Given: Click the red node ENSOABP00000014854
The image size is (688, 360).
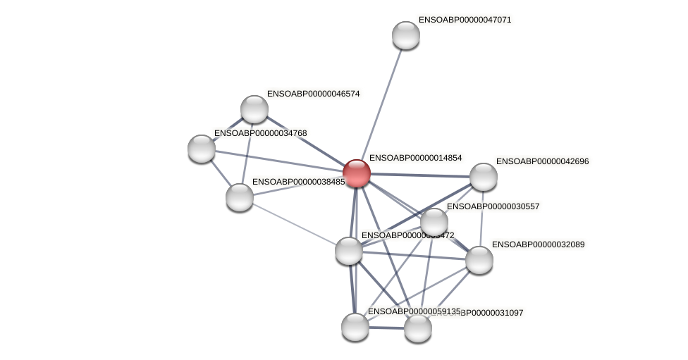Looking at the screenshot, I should coord(357,173).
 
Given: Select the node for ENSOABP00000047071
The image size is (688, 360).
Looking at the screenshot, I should coord(406,35).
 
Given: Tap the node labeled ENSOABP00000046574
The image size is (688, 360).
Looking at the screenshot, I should coord(254,109).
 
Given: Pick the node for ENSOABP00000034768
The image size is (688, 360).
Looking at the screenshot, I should coord(202,149).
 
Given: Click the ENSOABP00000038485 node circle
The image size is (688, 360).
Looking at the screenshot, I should coord(240,197).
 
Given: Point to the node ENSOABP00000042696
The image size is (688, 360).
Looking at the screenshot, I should coord(484,177).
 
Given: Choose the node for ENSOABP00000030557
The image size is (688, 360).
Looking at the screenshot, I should coord(434,222).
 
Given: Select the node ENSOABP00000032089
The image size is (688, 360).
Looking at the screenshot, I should coord(479,260).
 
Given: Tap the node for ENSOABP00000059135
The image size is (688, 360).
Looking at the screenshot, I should coord(355,327).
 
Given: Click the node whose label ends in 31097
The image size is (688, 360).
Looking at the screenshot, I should coord(418,328).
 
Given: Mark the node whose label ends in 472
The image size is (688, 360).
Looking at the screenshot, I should coord(349,251).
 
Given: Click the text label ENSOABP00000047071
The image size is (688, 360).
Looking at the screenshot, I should coord(465,20).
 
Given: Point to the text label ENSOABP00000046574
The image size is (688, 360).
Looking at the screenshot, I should coord(313,94).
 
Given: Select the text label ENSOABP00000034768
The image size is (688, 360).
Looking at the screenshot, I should coord(260,133).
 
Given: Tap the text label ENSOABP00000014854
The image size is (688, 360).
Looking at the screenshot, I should coord(415,158).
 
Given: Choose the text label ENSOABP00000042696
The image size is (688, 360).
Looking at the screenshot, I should coord(542,161).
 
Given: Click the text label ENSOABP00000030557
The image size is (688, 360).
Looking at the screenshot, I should coord(493,206).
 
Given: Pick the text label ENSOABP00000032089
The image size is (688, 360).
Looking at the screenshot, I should coord(538,244).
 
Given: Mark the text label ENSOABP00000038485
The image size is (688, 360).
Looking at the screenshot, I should coord(298,182).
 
